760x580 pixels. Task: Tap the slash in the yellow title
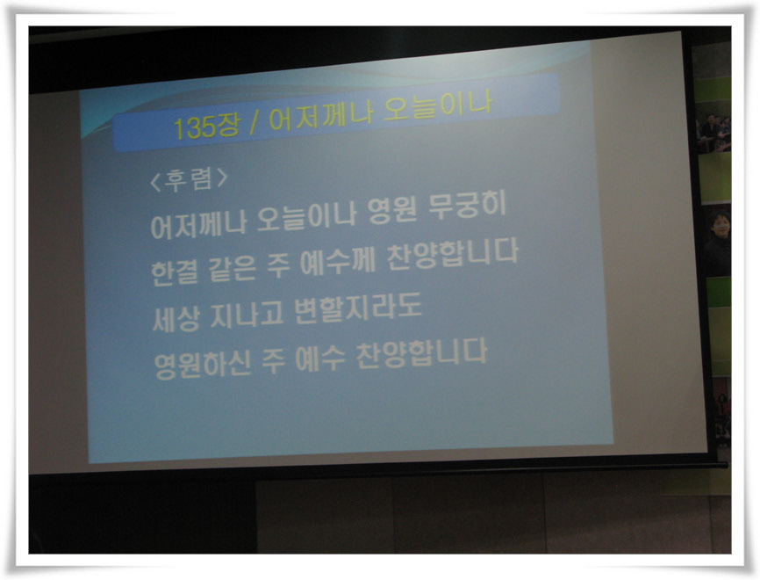[x=253, y=123]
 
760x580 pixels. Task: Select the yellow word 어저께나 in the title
[x=320, y=116]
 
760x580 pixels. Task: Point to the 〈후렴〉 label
[x=189, y=179]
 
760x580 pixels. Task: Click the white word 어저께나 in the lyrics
[x=198, y=224]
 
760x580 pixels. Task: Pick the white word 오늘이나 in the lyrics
[x=306, y=216]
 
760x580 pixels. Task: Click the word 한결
[x=175, y=272]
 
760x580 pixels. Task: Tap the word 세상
[x=176, y=319]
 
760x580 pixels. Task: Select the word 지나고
[x=247, y=315]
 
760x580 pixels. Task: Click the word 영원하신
[x=203, y=365]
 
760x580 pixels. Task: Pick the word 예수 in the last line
[x=320, y=359]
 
